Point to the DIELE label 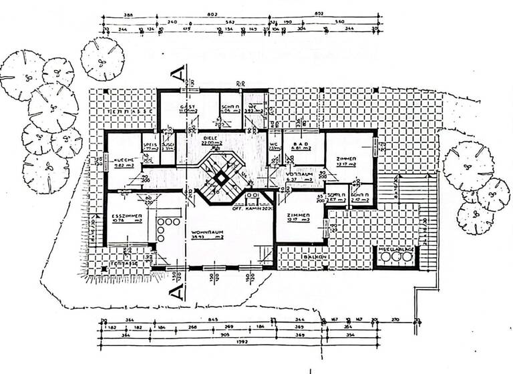(x=211, y=136)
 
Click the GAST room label (x=188, y=108)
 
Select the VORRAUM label (x=295, y=173)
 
